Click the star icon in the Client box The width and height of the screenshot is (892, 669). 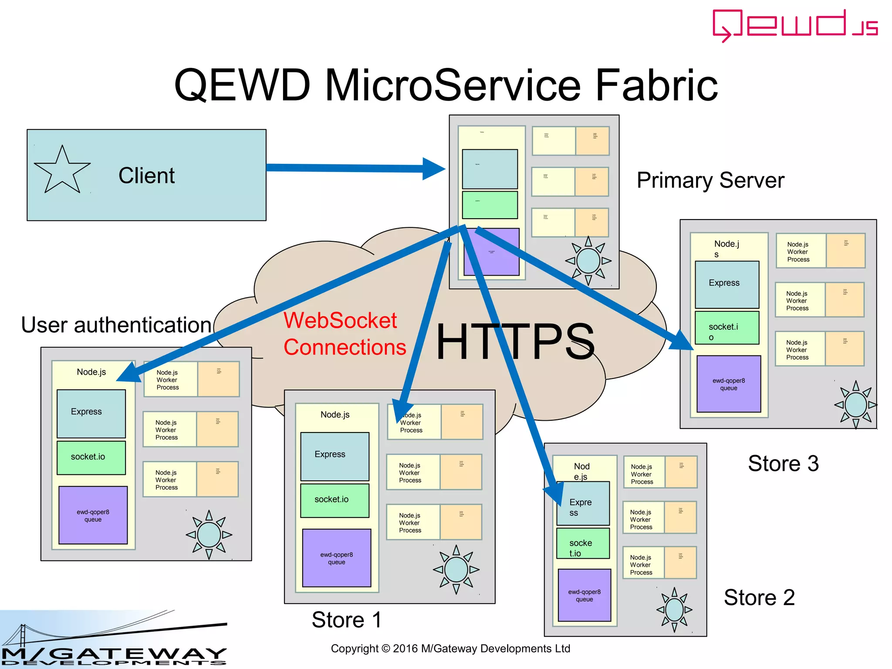[62, 171]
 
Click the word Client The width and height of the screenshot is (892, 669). [146, 176]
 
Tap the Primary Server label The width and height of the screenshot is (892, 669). [710, 180]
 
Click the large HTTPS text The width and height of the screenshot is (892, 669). [515, 341]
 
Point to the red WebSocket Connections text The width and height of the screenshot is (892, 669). [344, 334]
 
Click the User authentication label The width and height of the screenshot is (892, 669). [116, 325]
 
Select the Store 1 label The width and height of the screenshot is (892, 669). [347, 619]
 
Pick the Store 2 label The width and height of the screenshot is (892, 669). [759, 597]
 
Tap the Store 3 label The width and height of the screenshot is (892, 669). [783, 463]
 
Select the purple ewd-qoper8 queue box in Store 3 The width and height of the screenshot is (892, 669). [729, 384]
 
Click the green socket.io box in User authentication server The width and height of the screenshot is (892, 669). [91, 457]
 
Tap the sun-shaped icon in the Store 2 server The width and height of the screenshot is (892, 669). [674, 609]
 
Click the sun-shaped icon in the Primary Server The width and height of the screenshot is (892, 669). [588, 260]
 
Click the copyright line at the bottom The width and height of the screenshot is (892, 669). [450, 649]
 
